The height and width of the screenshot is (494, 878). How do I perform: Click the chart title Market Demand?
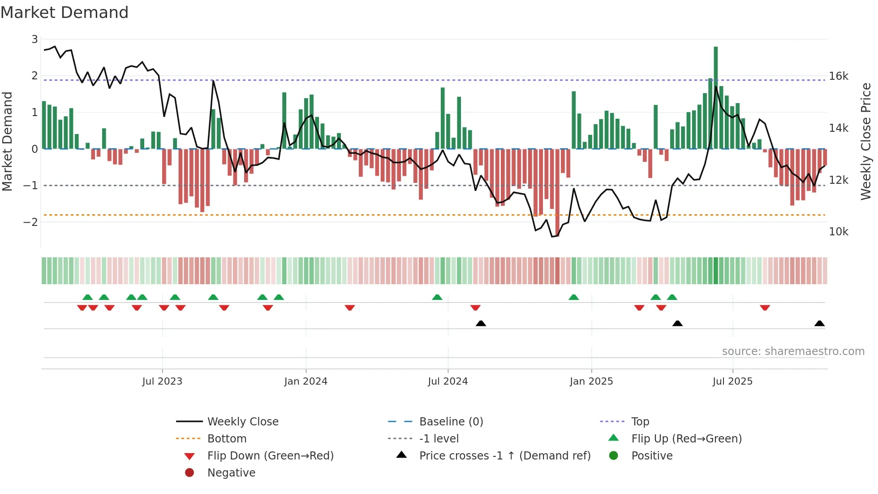pos(65,13)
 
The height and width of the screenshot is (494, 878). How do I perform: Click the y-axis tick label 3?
pos(34,39)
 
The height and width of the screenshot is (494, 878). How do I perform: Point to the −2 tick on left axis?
pos(31,222)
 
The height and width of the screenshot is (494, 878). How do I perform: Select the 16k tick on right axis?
pos(838,76)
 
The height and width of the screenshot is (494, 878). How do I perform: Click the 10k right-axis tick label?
pos(838,232)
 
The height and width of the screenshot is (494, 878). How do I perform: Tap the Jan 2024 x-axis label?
pos(306,381)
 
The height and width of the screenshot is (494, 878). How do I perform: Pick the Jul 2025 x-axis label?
pos(732,381)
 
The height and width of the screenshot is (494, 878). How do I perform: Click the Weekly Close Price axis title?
pos(866,141)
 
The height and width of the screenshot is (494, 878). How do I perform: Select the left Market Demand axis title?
pos(7,141)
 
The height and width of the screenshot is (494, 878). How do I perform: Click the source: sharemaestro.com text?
pos(793,351)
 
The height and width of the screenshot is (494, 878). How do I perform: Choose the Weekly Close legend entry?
pos(242,422)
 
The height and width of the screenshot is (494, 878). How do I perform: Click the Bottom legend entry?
pos(227,439)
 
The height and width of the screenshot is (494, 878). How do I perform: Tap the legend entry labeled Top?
pos(640,422)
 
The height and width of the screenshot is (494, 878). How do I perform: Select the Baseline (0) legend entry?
pos(451,422)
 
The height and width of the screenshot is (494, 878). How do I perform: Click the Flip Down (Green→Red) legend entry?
pos(270,456)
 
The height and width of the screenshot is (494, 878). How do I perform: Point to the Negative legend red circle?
pos(189,473)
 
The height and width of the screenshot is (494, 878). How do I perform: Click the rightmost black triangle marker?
pos(819,323)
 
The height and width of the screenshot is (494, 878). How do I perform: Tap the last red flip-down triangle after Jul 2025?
pos(765,308)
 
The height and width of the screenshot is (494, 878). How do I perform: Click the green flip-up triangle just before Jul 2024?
pos(437,297)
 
